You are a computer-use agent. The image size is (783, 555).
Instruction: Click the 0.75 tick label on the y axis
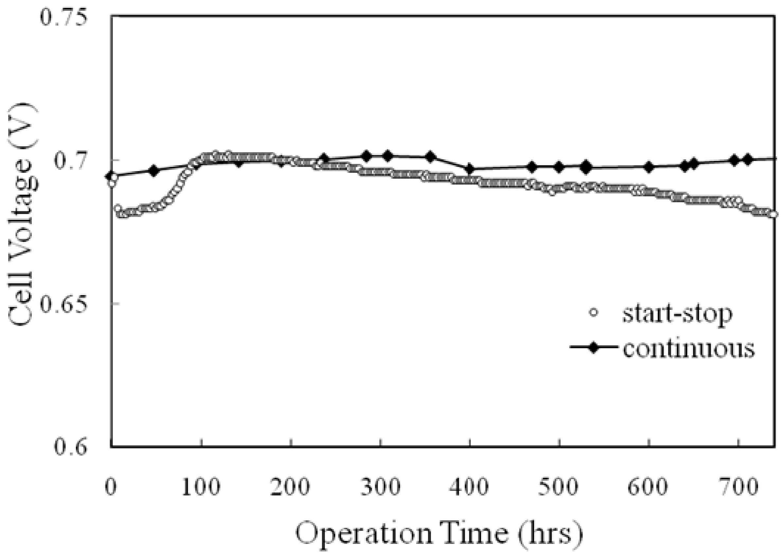62,17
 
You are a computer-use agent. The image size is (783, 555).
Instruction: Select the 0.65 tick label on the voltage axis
62,303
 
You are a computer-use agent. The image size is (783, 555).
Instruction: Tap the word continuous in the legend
689,348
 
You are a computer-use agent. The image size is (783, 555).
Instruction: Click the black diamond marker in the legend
594,348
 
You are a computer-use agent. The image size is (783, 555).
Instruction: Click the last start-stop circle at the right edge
774,214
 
